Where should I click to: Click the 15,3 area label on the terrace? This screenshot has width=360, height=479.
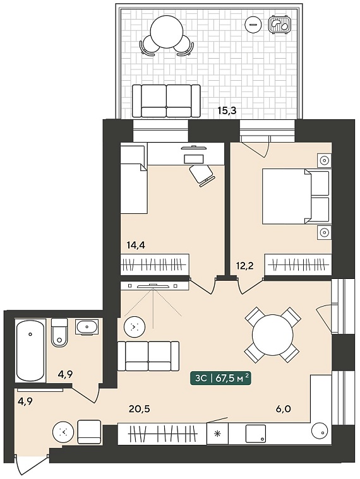point(227,110)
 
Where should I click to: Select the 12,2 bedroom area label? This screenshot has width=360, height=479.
point(245,266)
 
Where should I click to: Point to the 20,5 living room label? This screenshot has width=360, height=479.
point(140,408)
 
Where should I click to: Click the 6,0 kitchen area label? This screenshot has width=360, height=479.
point(284,408)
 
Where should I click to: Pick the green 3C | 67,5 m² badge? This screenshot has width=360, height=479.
point(220,379)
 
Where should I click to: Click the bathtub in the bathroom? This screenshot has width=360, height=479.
point(30,350)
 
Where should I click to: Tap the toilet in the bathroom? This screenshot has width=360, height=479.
point(59,333)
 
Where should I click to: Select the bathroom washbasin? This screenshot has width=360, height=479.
point(87,327)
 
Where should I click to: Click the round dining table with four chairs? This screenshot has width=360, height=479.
point(272,335)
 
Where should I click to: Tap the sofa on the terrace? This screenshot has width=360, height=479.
point(166,101)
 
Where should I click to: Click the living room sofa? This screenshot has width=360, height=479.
point(148,356)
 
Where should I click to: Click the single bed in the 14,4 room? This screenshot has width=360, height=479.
point(134,180)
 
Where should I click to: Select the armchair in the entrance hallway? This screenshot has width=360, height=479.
point(89,432)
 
